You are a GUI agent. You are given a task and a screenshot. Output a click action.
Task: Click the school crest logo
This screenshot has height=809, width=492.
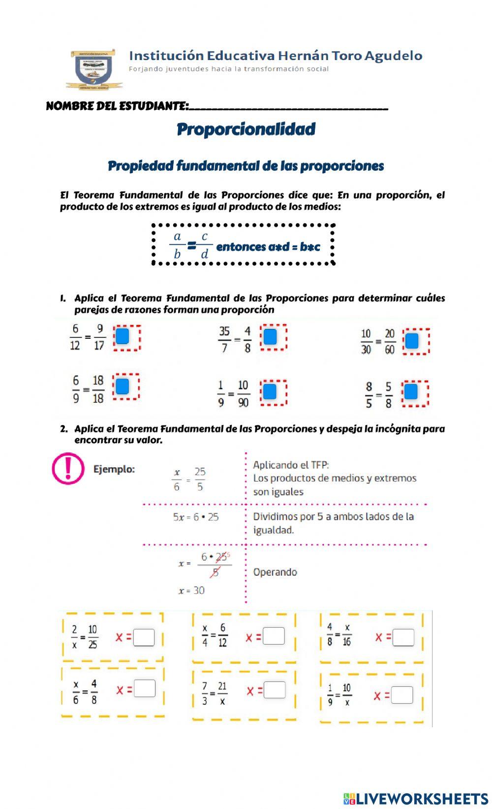point(93,69)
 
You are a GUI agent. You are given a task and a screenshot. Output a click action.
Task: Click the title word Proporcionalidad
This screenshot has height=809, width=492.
point(246,129)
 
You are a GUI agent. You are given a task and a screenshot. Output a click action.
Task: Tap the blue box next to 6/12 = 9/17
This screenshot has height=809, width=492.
point(122,336)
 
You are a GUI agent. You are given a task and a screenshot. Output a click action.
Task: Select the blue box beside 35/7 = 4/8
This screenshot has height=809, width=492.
point(270,337)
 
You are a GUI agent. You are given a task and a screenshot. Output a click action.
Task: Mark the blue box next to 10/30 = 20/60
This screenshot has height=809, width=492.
point(412,341)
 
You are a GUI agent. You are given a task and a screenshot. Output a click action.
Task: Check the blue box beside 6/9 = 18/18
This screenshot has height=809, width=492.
point(122,387)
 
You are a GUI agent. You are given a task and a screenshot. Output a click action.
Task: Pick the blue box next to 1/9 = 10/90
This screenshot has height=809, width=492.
point(269,392)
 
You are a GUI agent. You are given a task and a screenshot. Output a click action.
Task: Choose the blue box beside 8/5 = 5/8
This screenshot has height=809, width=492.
point(411,392)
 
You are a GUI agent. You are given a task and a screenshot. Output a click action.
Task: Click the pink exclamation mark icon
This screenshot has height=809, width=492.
point(68,468)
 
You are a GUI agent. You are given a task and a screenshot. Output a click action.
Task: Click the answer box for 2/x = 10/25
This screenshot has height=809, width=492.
point(144,637)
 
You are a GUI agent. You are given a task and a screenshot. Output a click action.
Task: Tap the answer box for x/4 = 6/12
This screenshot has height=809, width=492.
point(274,636)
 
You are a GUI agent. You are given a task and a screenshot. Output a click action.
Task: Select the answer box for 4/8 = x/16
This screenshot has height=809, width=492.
point(403,637)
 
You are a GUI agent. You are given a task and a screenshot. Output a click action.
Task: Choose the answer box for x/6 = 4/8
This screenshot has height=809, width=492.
point(145,688)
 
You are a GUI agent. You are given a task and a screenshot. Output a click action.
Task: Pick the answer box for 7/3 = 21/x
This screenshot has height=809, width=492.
point(275,690)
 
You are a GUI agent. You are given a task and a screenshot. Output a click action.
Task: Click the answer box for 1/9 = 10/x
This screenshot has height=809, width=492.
point(402,695)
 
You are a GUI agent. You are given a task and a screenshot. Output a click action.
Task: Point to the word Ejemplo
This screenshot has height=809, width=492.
point(114,469)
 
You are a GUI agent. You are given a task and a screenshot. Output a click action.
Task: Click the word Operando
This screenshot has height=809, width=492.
point(275,572)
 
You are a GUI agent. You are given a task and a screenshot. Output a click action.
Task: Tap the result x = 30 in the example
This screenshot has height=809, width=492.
point(191,590)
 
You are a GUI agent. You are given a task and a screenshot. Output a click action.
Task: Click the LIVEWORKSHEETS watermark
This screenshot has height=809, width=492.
point(416,798)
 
